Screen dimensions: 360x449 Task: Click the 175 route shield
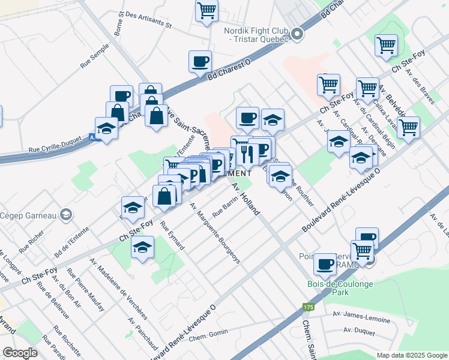[x=309, y=307]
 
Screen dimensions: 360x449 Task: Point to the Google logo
[x=20, y=353]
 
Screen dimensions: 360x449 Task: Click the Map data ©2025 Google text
[x=412, y=355]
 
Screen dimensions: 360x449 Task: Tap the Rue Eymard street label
[x=172, y=236]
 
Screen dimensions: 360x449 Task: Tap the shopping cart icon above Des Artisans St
[x=206, y=10]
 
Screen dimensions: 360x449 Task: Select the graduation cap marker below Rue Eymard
[x=142, y=247]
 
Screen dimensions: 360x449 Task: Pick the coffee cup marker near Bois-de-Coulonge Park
[x=325, y=263]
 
